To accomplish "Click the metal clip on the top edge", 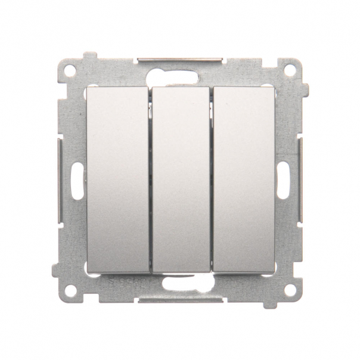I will click(x=180, y=60).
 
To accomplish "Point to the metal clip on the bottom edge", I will click(x=180, y=302).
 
